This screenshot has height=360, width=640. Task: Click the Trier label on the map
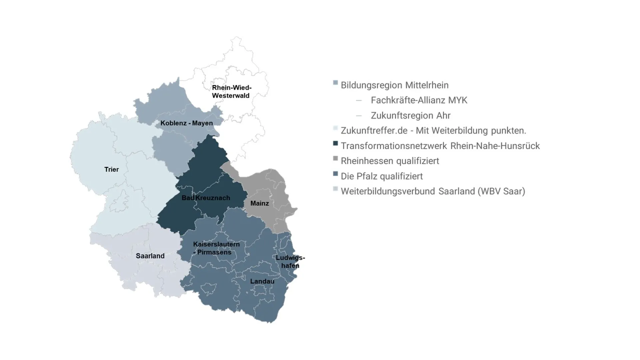point(111,169)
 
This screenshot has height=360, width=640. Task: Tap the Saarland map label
point(150,256)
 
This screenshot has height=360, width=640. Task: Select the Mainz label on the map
point(259,203)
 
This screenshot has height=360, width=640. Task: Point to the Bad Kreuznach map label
point(206,198)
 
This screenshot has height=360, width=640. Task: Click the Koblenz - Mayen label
point(186,123)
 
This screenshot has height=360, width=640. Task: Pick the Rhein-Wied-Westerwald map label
point(231,92)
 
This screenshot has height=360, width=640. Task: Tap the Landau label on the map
point(262,281)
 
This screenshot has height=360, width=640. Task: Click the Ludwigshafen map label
point(290,262)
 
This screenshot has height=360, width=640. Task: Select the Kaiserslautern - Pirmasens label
point(216,248)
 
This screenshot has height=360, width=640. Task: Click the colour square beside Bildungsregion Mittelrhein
point(335,83)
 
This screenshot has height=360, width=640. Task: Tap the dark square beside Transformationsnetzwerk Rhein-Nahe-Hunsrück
point(335,143)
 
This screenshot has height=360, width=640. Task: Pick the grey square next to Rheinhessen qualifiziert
point(335,158)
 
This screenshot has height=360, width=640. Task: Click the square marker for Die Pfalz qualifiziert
point(335,174)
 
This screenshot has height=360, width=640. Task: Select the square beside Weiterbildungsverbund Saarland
point(335,189)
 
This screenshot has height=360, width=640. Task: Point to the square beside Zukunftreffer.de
point(335,128)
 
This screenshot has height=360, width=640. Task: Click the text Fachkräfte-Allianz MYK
point(419,100)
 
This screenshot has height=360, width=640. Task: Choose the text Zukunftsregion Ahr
point(410,115)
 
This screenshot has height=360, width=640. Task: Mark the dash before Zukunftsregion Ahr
point(359,116)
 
